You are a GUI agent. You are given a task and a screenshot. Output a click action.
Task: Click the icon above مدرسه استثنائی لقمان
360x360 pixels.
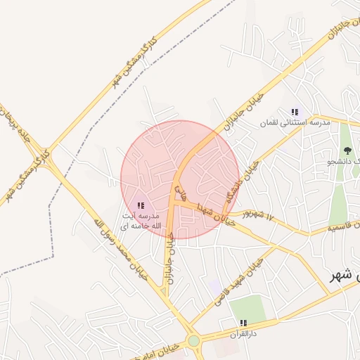295,111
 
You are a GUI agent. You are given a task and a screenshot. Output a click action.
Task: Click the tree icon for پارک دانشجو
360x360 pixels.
347,150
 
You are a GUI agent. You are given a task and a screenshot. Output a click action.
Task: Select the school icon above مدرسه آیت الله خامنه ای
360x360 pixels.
141,205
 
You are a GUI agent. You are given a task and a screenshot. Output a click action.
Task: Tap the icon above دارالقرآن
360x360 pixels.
243,323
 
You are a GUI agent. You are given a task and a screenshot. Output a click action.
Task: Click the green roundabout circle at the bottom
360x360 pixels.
193,341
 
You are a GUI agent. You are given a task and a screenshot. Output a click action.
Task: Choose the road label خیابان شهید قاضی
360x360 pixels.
251,274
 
